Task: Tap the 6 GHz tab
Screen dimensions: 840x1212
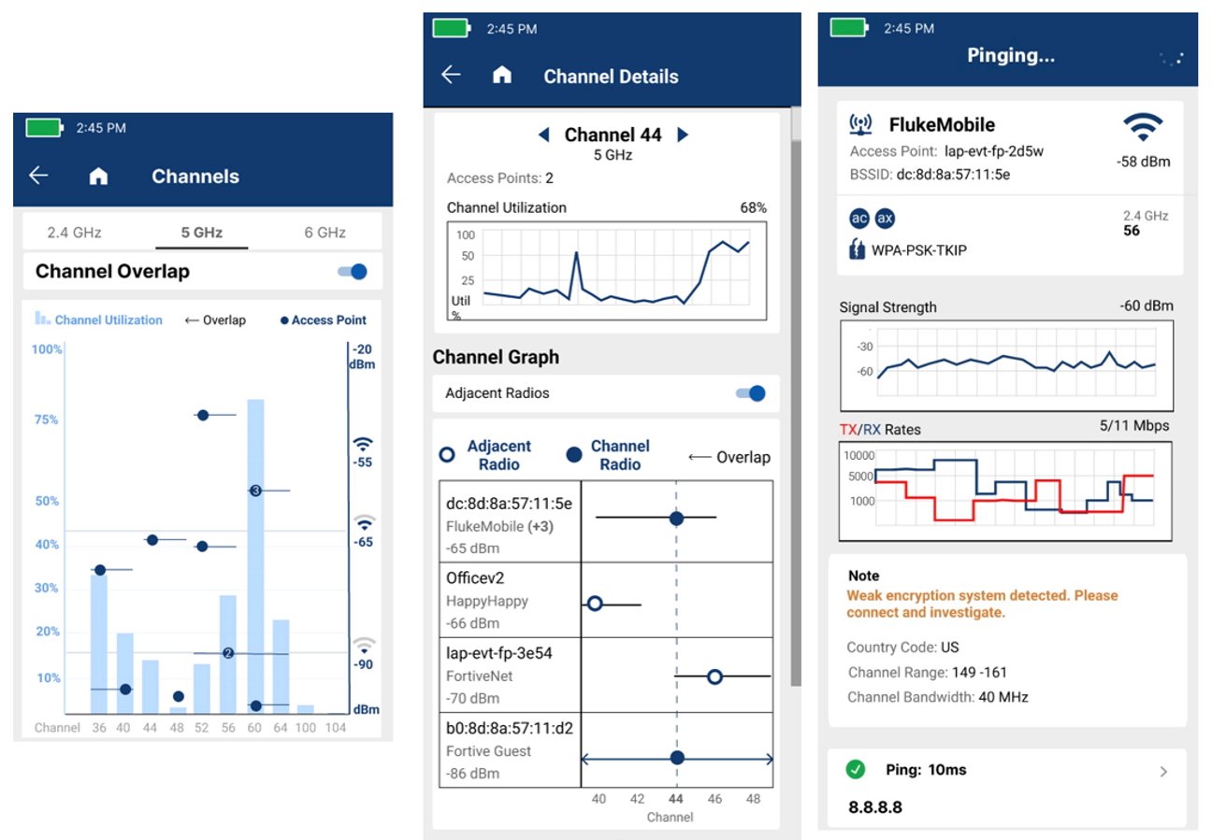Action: (325, 233)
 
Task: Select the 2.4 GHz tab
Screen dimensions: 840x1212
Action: (74, 233)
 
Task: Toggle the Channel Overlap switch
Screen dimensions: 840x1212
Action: (353, 272)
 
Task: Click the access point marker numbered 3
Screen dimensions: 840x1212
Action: (255, 491)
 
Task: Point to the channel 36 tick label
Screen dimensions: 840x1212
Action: (99, 728)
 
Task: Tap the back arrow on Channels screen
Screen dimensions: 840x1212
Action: (38, 176)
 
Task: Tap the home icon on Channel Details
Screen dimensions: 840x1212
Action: (502, 76)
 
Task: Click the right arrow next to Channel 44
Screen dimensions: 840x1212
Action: (683, 135)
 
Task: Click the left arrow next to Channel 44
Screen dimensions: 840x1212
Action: (543, 135)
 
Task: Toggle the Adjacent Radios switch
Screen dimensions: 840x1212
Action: (751, 393)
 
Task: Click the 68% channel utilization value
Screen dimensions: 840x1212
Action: (753, 207)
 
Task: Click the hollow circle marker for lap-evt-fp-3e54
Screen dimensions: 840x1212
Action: (714, 676)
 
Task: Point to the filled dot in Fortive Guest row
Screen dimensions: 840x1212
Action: (677, 758)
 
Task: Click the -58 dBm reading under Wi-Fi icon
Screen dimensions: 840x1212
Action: (1143, 162)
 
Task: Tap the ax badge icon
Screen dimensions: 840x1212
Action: (885, 219)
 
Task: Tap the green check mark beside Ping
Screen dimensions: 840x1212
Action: (855, 770)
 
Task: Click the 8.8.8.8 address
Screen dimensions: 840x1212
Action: (874, 807)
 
